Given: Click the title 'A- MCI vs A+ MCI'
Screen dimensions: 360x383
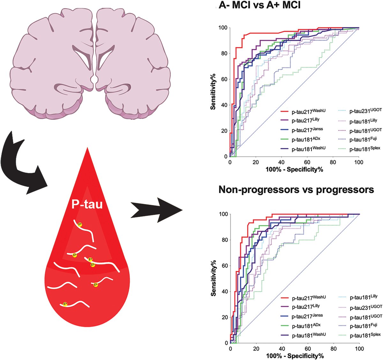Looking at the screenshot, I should pyautogui.click(x=259, y=5).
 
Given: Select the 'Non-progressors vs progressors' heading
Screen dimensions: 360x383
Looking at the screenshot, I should pyautogui.click(x=296, y=190).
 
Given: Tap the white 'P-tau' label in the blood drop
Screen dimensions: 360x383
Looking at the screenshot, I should pyautogui.click(x=87, y=204).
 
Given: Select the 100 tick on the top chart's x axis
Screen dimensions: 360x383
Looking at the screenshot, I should pyautogui.click(x=359, y=162).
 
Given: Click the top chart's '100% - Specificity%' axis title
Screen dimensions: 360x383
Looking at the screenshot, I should pyautogui.click(x=294, y=169).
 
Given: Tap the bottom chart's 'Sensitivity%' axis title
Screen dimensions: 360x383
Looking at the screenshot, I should pyautogui.click(x=214, y=279).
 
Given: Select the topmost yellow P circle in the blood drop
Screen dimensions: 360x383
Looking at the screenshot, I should pyautogui.click(x=80, y=224).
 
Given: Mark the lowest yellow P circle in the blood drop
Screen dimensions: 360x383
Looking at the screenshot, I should pyautogui.click(x=65, y=304).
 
